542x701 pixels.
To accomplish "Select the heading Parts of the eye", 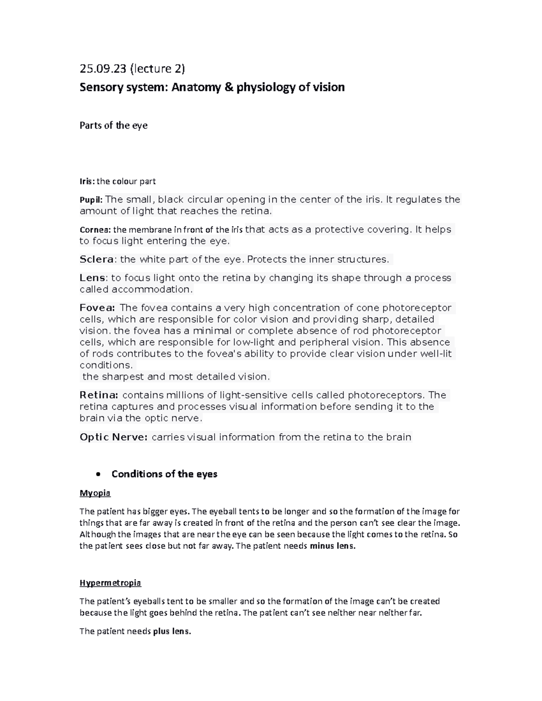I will pos(113,125).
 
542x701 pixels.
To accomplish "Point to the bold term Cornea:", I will pos(95,230).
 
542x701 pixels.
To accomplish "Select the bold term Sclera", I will pos(97,260).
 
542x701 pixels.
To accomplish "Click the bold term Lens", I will pos(93,278).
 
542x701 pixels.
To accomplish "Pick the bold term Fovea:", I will pos(97,308).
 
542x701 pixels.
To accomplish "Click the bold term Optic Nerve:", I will pos(113,437).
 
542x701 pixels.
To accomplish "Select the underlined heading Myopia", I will pos(95,493).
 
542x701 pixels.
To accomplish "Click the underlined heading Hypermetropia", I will pos(110,583).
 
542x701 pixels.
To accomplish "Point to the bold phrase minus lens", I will pos(332,546).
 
